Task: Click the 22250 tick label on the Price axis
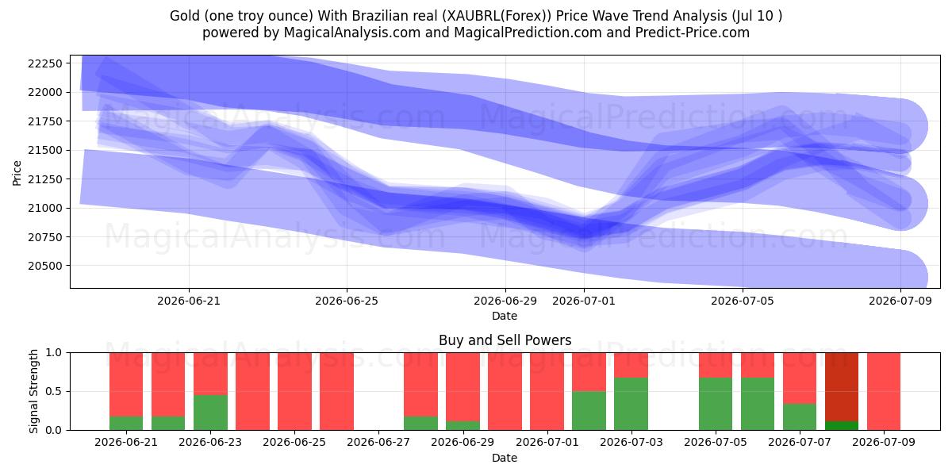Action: (x=45, y=63)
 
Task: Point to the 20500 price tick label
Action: (x=45, y=266)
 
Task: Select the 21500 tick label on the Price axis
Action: (x=45, y=151)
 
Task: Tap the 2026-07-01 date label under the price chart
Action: (x=584, y=301)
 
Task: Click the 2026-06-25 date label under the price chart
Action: (x=347, y=301)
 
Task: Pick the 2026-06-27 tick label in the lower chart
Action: (x=378, y=443)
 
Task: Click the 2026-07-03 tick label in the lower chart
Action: (x=631, y=443)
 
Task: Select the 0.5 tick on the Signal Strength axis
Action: (x=54, y=391)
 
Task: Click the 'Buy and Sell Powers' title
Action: (x=505, y=340)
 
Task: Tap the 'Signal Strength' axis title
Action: (x=33, y=391)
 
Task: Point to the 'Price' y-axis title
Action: (x=17, y=173)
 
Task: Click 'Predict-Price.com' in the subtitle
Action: (x=693, y=33)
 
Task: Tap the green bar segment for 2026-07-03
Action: (x=631, y=404)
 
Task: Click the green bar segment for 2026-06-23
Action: (x=210, y=413)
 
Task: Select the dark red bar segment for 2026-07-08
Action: (x=842, y=387)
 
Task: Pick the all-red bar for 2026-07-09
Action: (x=884, y=391)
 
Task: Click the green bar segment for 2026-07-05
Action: (x=716, y=404)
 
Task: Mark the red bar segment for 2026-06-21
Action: (x=126, y=385)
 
